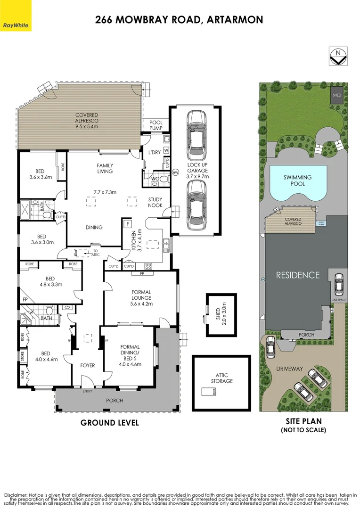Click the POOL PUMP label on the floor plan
[156, 125]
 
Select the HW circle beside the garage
[175, 173]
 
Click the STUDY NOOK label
[155, 203]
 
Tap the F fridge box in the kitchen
[128, 223]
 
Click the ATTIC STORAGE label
[221, 378]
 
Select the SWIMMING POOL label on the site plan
[298, 181]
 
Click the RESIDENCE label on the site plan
[297, 275]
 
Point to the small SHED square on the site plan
[336, 95]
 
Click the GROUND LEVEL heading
[110, 423]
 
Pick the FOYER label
[88, 365]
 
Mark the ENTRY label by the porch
[88, 391]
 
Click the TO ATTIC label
[96, 253]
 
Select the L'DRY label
[155, 153]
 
